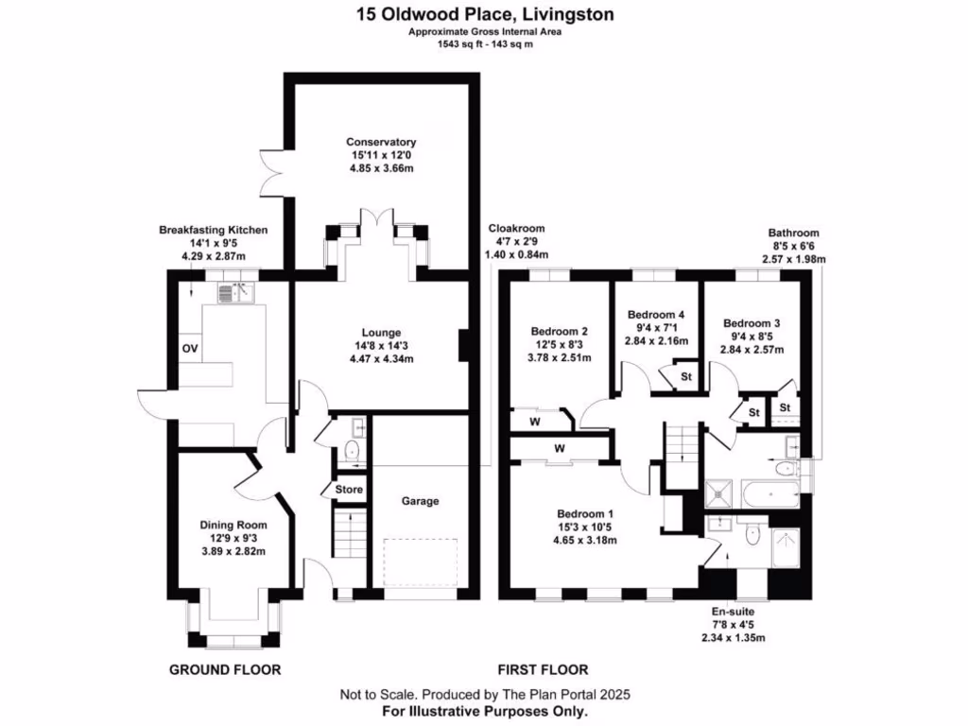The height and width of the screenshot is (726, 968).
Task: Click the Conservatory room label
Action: pyautogui.click(x=381, y=142)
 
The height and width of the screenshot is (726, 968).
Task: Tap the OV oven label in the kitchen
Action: pyautogui.click(x=189, y=349)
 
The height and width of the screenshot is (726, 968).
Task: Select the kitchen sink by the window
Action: pyautogui.click(x=235, y=293)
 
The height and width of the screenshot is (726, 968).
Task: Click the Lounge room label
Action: pyautogui.click(x=382, y=333)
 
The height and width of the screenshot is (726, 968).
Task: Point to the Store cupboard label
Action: pyautogui.click(x=349, y=490)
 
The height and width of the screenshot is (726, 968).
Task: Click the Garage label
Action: pyautogui.click(x=420, y=501)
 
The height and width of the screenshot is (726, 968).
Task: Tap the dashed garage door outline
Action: pyautogui.click(x=421, y=562)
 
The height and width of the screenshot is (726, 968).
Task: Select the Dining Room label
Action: pyautogui.click(x=233, y=526)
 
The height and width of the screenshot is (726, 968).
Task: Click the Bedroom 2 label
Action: pyautogui.click(x=559, y=332)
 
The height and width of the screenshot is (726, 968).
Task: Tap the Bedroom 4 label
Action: pyautogui.click(x=656, y=314)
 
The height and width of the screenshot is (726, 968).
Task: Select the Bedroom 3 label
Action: pyautogui.click(x=752, y=323)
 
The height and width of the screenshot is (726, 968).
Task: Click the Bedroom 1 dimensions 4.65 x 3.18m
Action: pyautogui.click(x=584, y=540)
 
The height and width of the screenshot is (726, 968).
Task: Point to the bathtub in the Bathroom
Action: pyautogui.click(x=771, y=494)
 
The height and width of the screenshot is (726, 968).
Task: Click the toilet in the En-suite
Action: pyautogui.click(x=752, y=535)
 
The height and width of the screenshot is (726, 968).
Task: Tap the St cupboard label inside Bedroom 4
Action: pyautogui.click(x=686, y=376)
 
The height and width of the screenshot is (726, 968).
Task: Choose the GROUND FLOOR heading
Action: pyautogui.click(x=225, y=670)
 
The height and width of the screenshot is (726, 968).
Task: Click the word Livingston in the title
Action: pyautogui.click(x=567, y=14)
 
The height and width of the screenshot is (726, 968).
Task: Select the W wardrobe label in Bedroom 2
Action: pyautogui.click(x=535, y=423)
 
